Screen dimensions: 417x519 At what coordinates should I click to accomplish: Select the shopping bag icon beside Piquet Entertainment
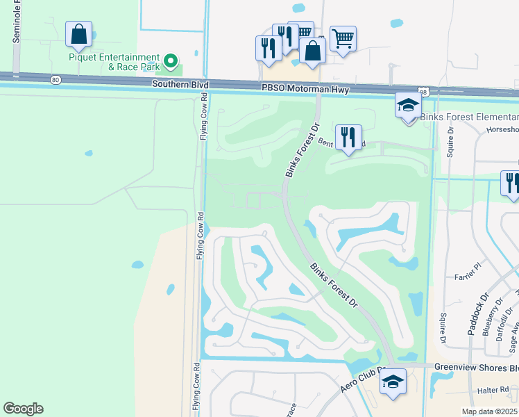(79, 35)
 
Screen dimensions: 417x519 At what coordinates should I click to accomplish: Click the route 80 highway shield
(56, 80)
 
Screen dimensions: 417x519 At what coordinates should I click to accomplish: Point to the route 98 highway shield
(423, 92)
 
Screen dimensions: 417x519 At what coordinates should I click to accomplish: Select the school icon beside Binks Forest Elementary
(408, 106)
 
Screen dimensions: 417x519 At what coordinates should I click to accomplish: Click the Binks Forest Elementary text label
(470, 117)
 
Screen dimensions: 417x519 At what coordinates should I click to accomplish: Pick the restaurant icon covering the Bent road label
(348, 137)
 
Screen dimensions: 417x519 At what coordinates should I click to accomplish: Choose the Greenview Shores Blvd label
(476, 366)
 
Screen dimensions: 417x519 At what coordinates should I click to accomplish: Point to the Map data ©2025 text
(488, 411)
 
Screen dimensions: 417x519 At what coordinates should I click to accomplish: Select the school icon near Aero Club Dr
(393, 383)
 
